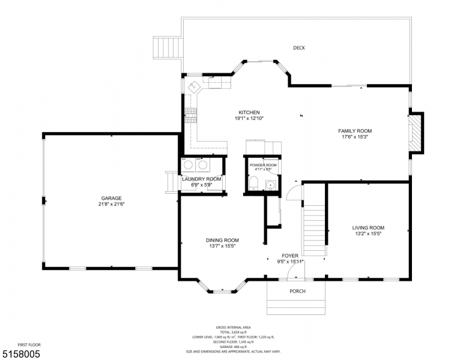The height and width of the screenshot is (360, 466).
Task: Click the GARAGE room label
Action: tap(112, 198)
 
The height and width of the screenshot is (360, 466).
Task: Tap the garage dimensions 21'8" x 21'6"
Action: tap(112, 204)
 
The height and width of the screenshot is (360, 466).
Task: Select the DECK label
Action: tap(298, 48)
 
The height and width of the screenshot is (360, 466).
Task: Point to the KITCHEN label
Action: tap(249, 112)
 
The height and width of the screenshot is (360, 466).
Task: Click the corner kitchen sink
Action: tap(196, 88)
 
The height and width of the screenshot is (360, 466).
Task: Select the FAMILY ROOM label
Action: tap(355, 131)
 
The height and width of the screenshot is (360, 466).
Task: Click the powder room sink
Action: tap(270, 184)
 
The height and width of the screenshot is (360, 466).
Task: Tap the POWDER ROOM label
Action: tap(263, 165)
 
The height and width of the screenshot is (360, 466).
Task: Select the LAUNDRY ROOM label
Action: tap(202, 179)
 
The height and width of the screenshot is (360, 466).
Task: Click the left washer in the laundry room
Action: tap(188, 164)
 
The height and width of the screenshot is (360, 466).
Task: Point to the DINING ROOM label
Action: tap(223, 240)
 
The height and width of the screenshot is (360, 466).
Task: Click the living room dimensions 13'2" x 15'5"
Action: tap(368, 233)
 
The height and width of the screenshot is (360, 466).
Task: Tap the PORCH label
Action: tap(297, 292)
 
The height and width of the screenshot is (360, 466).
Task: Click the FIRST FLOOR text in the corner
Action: tap(29, 345)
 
